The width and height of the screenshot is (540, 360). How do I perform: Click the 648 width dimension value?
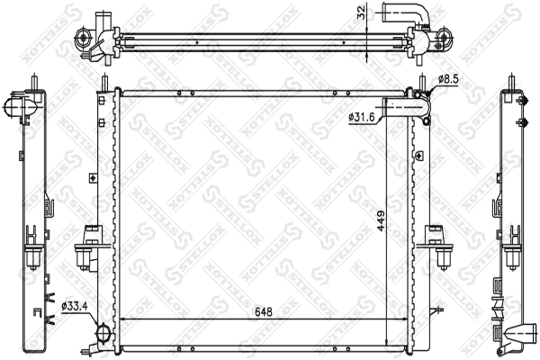point(264,311)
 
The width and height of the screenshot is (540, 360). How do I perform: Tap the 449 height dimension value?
point(381,220)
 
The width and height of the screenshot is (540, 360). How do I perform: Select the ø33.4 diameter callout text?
point(75,306)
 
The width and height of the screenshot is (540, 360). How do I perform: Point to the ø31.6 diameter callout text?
point(361,118)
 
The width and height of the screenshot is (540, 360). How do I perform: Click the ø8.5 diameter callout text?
point(448,79)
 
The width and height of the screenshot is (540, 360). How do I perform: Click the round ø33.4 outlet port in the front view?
point(103,333)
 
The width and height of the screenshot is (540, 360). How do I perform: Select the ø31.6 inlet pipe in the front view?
point(407,107)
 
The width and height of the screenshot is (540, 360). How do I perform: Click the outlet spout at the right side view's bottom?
point(521,333)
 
